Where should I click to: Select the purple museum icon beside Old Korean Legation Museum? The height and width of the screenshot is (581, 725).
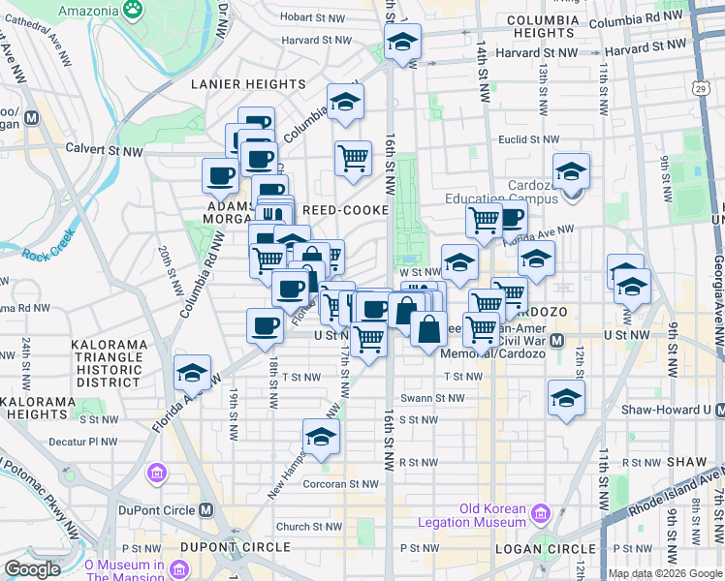[541, 510]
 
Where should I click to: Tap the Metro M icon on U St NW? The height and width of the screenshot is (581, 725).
[557, 341]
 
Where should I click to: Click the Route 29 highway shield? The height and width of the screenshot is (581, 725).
[699, 87]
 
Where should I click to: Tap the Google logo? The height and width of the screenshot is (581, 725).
[32, 569]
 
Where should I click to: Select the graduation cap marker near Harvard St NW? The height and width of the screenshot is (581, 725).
[402, 42]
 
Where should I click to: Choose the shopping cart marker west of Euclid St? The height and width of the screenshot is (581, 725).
[354, 157]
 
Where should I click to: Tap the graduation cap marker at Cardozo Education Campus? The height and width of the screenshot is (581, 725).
[572, 170]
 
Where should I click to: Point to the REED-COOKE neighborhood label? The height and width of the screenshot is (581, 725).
[346, 210]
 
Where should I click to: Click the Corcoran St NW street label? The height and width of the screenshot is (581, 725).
[351, 483]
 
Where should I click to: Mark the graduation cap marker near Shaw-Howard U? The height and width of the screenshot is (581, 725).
[566, 397]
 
